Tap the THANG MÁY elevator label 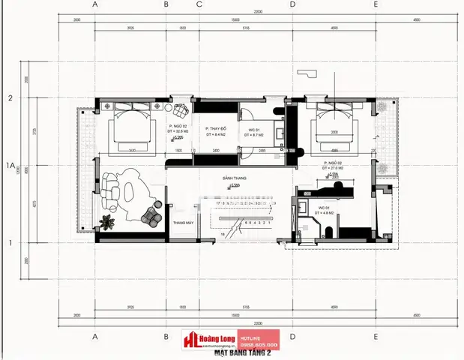(x=183, y=223)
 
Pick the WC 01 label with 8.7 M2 (x=255, y=131)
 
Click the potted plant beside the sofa (x=109, y=220)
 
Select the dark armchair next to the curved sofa (x=151, y=214)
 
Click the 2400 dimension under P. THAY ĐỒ (x=216, y=151)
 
